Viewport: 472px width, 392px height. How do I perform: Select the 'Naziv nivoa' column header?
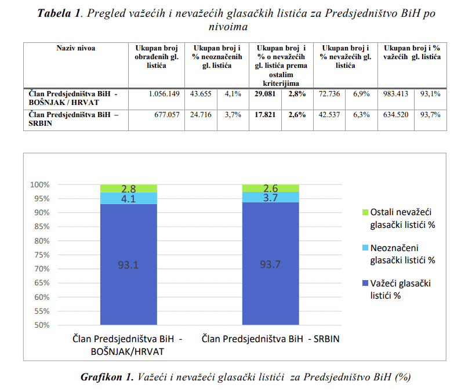point(75,48)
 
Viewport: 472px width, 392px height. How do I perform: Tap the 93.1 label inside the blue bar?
point(128,265)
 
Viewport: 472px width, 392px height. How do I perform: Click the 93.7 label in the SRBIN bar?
point(270,265)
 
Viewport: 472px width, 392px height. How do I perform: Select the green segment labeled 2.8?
point(128,188)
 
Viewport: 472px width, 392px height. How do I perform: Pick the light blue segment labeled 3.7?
point(270,198)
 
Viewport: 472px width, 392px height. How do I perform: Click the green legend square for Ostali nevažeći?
point(364,213)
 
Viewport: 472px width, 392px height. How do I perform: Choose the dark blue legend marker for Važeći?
point(364,284)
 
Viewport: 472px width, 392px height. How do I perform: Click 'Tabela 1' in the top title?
point(60,14)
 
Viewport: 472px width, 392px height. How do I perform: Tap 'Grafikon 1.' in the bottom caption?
point(107,378)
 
